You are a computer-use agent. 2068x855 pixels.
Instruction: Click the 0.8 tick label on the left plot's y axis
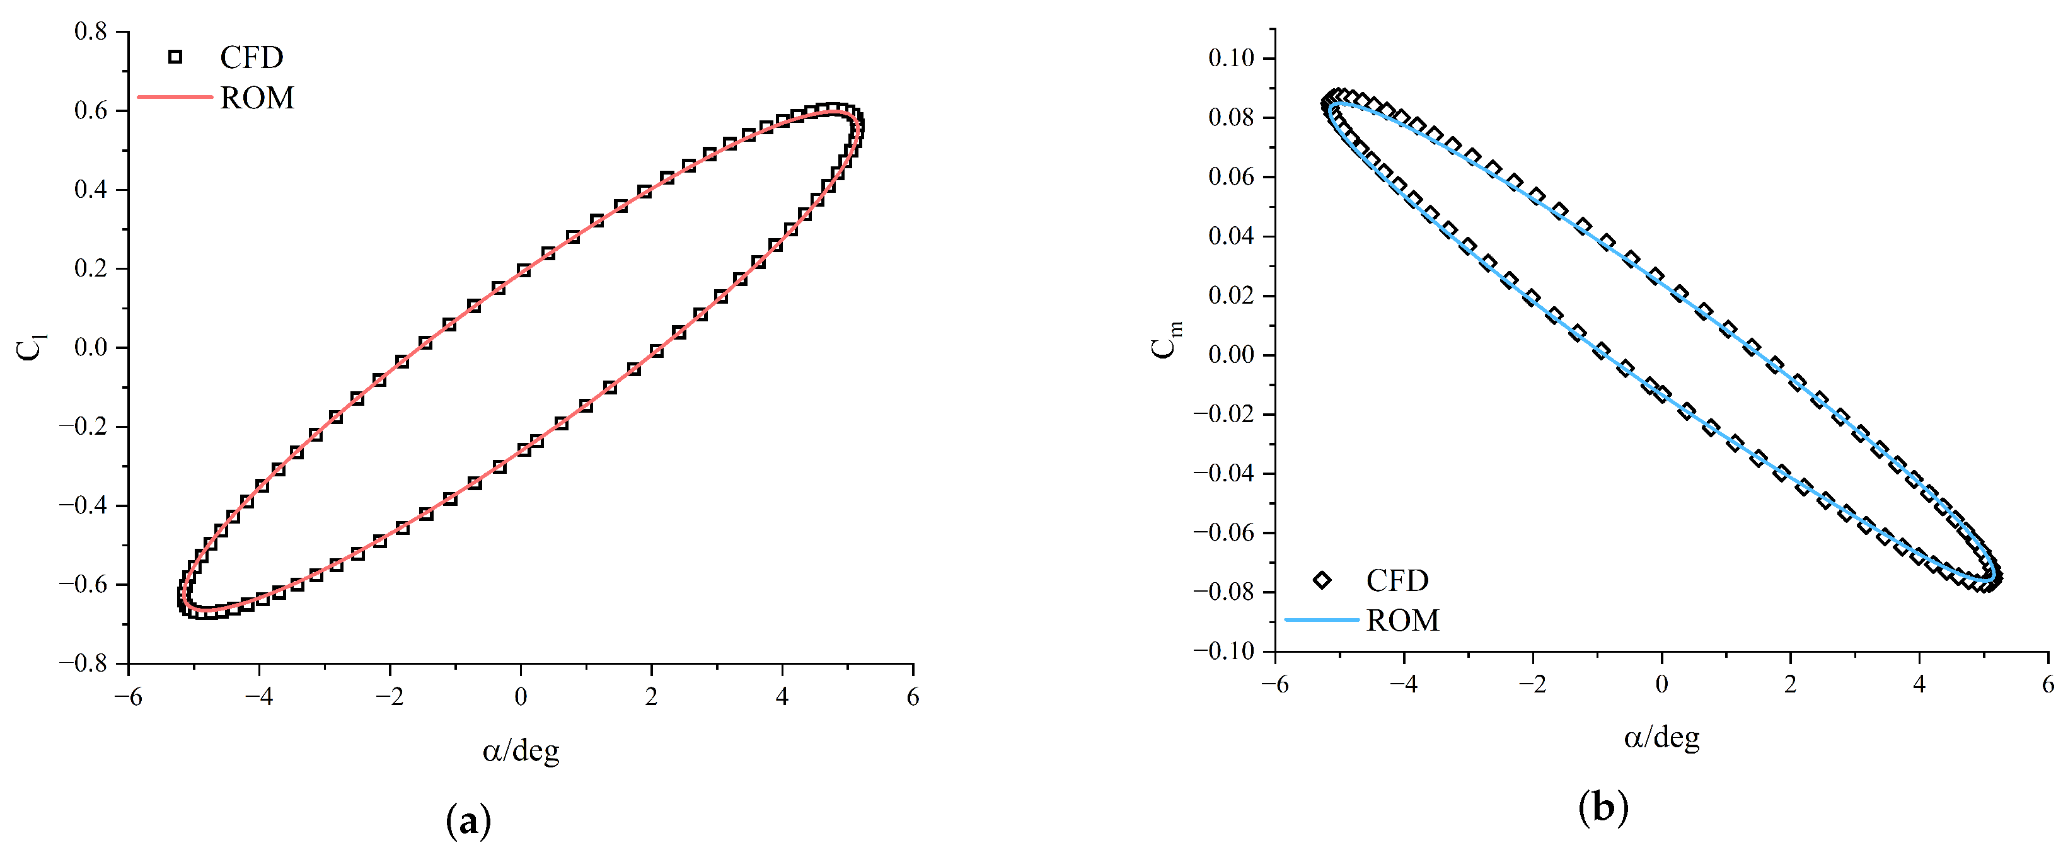[90, 32]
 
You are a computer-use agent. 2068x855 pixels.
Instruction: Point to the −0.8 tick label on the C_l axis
[83, 663]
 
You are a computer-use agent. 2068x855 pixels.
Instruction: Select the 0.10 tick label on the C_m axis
[1231, 58]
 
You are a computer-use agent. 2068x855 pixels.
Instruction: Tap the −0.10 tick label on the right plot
[1223, 650]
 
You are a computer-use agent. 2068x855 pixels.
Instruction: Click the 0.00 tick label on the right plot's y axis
[1231, 354]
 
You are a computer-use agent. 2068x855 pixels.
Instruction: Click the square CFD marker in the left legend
[175, 57]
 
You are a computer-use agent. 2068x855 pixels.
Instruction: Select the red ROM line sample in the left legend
[175, 97]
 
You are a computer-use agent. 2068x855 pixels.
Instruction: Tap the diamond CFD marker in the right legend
[1321, 580]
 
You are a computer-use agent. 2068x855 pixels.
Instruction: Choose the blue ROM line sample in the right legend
[1321, 620]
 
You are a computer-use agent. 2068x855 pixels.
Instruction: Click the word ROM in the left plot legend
[257, 98]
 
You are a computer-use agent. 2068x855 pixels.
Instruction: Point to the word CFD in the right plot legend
[1397, 580]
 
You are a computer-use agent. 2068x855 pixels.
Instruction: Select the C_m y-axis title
[1165, 340]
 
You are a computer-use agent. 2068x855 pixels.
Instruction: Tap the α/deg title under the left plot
[520, 750]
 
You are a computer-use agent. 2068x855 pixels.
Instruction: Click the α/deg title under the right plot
[1661, 737]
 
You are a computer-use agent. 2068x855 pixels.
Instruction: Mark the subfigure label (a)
[468, 820]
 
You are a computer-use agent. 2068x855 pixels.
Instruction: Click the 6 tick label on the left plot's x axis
[913, 696]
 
